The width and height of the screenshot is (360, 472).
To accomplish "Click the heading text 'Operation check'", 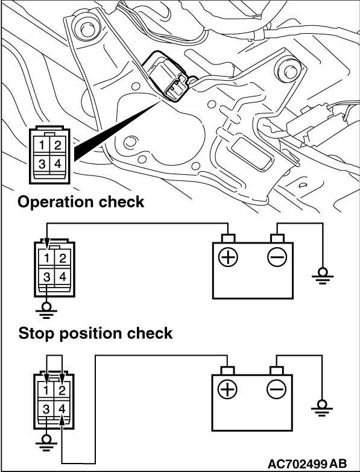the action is [x=81, y=202].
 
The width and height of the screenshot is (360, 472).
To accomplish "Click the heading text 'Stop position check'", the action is [x=95, y=333].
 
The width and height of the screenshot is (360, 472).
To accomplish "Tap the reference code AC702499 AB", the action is [x=307, y=463].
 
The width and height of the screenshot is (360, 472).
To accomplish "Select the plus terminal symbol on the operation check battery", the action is [x=228, y=257].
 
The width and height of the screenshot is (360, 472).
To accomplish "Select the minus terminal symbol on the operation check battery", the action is [x=277, y=257].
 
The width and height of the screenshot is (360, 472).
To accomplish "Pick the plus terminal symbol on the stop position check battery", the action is [x=227, y=390].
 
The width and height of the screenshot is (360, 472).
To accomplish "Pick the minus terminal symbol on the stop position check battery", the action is [x=276, y=390].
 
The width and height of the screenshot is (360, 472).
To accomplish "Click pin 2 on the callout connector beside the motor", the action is [x=58, y=145].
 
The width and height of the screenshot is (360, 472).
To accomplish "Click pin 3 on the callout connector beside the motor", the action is [x=42, y=164].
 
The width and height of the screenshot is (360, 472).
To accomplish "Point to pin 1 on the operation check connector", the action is [x=46, y=259].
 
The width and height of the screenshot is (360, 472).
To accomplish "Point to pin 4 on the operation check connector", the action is [x=63, y=276].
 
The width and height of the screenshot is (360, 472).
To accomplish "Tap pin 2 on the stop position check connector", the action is [x=62, y=391].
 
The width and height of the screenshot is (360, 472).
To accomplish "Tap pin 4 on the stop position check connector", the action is [x=62, y=409].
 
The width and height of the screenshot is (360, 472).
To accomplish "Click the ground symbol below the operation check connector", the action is [x=46, y=310].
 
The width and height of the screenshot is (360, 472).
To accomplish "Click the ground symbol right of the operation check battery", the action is [x=323, y=276].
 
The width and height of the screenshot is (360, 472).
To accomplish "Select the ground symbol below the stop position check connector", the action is [x=46, y=443].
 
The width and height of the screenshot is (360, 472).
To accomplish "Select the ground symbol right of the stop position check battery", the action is [x=322, y=407].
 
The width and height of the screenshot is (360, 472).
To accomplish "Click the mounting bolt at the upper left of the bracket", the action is [x=86, y=29].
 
